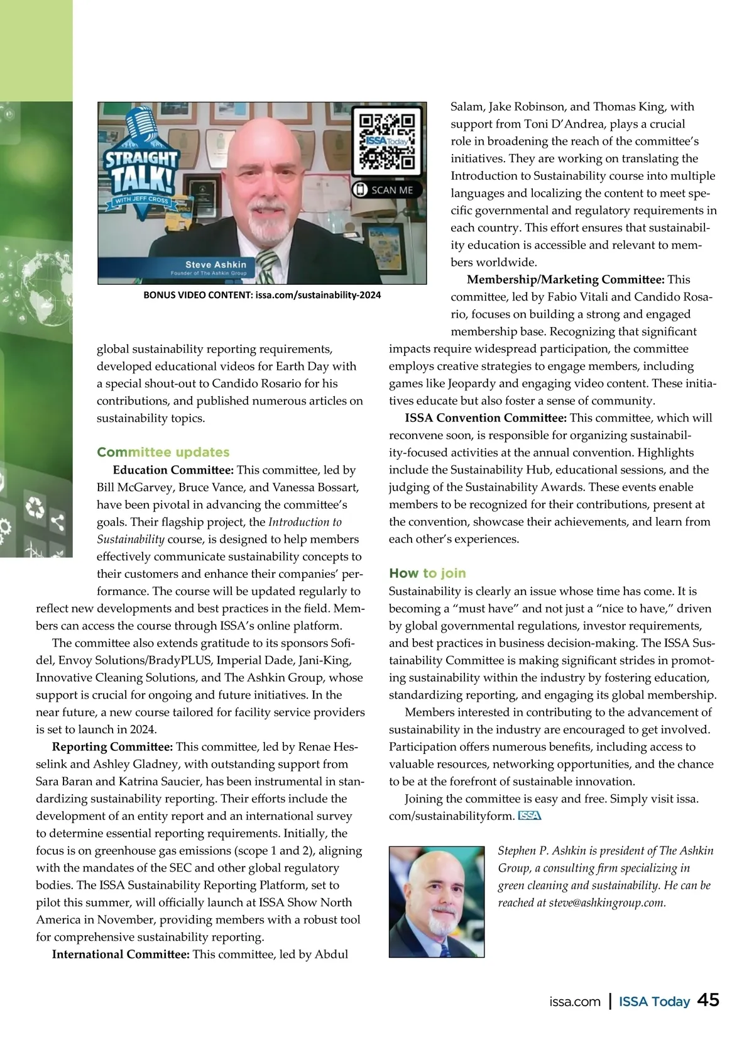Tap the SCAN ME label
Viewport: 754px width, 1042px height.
pyautogui.click(x=385, y=190)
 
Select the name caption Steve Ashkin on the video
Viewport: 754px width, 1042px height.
pyautogui.click(x=216, y=265)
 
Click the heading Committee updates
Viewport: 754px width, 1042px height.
pyautogui.click(x=163, y=452)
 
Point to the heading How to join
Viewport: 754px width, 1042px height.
pyautogui.click(x=427, y=573)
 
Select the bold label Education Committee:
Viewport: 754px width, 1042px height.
pyautogui.click(x=173, y=470)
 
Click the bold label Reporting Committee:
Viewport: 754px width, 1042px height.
pyautogui.click(x=112, y=746)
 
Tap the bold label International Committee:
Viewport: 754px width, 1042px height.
pyautogui.click(x=121, y=954)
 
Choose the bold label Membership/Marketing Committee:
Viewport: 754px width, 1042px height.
pyautogui.click(x=565, y=279)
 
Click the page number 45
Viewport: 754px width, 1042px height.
pyautogui.click(x=708, y=1000)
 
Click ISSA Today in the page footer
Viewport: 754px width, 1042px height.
pyautogui.click(x=654, y=1001)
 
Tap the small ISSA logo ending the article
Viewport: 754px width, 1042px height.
pyautogui.click(x=529, y=816)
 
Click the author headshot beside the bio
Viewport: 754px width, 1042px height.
pyautogui.click(x=436, y=901)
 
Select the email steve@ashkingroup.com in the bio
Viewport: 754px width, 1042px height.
pyautogui.click(x=606, y=903)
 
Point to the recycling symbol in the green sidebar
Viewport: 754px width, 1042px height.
pyautogui.click(x=35, y=508)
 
